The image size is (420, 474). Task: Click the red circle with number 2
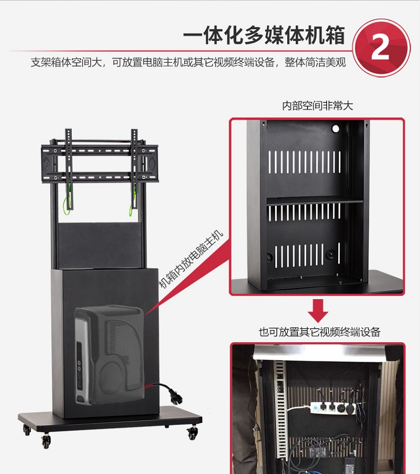point(381,48)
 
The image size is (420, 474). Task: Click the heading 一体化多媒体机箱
point(264,36)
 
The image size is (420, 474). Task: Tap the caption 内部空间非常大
point(318,106)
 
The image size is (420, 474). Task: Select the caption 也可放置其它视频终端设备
point(319,332)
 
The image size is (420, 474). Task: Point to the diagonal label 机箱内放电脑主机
point(191,259)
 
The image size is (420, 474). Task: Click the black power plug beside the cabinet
point(168,392)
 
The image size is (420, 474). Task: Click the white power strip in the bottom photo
point(333,407)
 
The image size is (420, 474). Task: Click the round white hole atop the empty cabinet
point(335,129)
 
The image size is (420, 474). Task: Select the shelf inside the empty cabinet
point(314,201)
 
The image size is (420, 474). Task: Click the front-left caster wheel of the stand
point(46,442)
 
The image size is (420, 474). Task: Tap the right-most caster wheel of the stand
point(193,433)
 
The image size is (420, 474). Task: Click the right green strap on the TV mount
point(132,201)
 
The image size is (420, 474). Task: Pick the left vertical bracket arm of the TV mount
point(69,169)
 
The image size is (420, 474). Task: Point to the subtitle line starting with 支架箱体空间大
point(188,62)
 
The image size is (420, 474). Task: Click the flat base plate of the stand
point(110,419)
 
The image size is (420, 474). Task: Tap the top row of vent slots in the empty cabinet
point(305,162)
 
